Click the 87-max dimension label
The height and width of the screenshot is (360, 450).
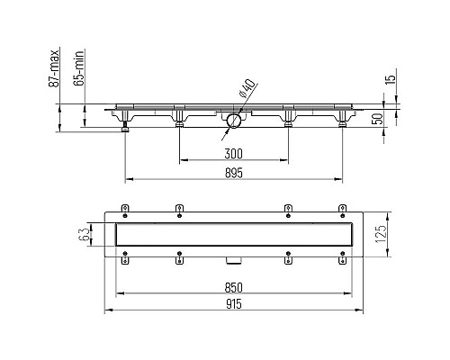click(55, 68)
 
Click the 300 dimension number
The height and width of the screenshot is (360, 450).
click(234, 153)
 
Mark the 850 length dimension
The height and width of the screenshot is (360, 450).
click(234, 288)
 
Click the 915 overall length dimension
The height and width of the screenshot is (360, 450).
click(234, 305)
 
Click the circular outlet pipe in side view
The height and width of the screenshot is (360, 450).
click(234, 120)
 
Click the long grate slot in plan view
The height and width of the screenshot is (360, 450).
click(234, 236)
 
